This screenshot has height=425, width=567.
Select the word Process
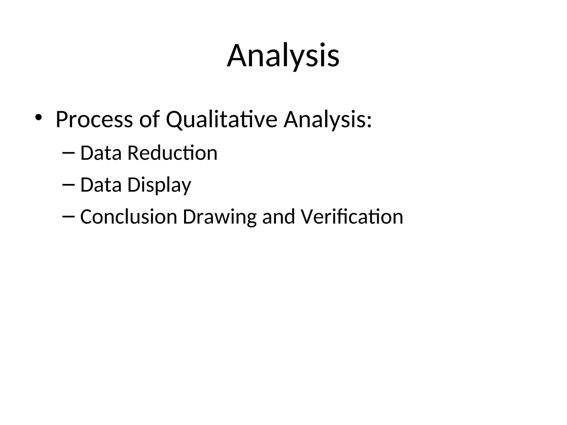click(94, 120)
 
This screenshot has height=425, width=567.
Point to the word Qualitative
click(221, 120)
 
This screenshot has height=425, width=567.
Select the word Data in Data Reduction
click(101, 153)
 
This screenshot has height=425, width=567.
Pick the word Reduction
click(172, 153)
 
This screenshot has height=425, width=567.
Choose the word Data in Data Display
click(101, 185)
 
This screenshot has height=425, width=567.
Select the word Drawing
click(220, 217)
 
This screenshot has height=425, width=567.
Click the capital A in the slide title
click(237, 56)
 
